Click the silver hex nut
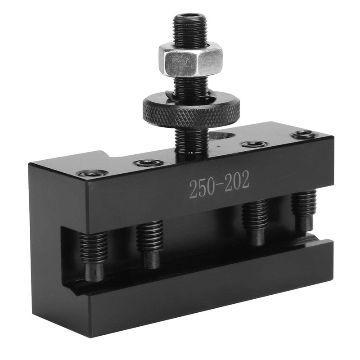click(191, 59)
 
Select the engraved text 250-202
click(219, 187)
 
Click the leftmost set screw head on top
click(92, 173)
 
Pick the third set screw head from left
click(254, 144)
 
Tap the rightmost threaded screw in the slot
click(303, 209)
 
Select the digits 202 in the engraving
click(237, 183)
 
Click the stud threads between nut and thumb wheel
click(191, 86)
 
